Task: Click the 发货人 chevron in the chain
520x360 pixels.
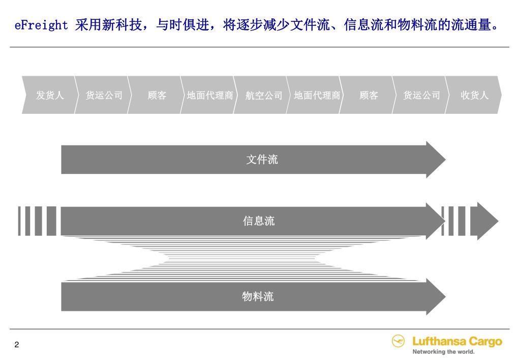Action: click(50, 95)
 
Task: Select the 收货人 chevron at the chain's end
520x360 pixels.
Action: click(474, 95)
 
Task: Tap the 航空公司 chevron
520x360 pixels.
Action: click(263, 95)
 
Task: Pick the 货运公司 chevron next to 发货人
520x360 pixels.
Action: click(104, 95)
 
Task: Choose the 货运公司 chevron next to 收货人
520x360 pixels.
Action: click(421, 95)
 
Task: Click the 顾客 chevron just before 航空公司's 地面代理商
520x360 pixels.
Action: click(157, 95)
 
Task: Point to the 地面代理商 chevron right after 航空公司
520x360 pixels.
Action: click(317, 95)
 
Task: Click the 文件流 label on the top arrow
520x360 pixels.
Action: click(262, 160)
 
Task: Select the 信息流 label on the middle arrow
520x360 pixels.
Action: click(259, 221)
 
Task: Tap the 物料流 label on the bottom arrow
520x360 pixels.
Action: click(258, 296)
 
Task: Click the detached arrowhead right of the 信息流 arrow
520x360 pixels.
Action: click(484, 221)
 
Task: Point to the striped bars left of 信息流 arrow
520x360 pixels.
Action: click(37, 221)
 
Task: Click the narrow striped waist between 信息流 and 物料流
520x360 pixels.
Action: click(242, 258)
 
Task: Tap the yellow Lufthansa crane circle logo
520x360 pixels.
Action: click(399, 341)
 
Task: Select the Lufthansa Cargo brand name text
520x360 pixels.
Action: click(457, 341)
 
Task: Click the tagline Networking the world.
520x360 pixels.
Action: click(443, 352)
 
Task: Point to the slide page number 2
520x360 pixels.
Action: click(17, 345)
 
